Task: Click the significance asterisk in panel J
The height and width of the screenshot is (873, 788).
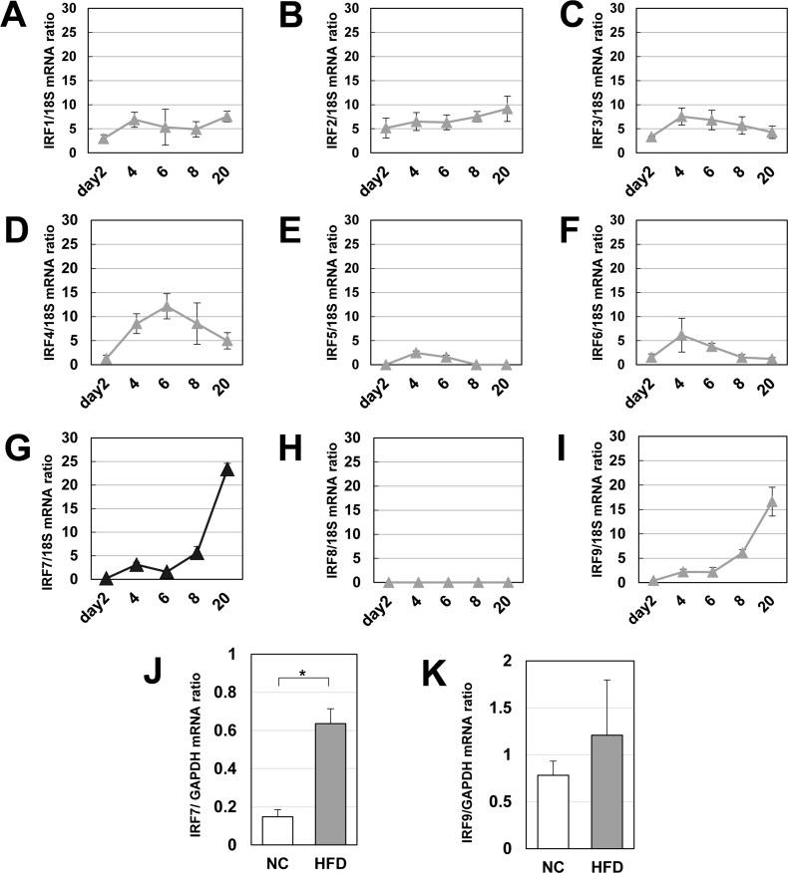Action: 301,672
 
